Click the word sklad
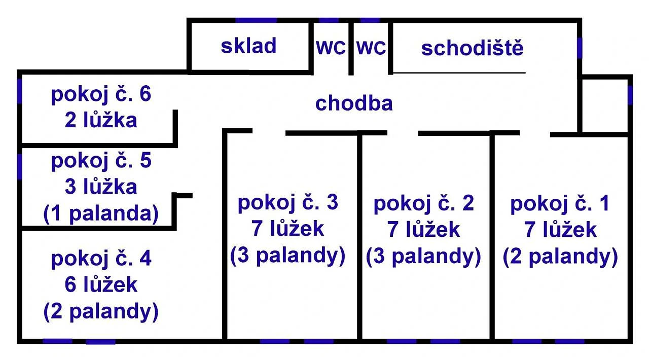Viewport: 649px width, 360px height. (x=248, y=46)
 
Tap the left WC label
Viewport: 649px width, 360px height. (x=331, y=48)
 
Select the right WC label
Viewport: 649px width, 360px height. (x=371, y=48)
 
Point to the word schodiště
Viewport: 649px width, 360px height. (x=472, y=49)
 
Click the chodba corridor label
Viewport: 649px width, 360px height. (x=354, y=103)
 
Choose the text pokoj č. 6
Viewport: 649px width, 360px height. (x=101, y=95)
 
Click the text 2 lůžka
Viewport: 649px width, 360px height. (x=101, y=121)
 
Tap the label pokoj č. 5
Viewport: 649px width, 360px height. (x=101, y=161)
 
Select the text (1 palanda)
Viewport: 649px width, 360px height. (x=101, y=214)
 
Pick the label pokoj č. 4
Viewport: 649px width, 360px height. (x=101, y=259)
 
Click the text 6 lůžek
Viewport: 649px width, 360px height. (x=101, y=285)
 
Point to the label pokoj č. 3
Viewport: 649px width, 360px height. (x=287, y=203)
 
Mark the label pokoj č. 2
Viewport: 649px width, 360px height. (x=423, y=204)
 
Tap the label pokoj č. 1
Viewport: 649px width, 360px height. (x=560, y=204)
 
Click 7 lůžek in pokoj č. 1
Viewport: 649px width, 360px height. (x=560, y=230)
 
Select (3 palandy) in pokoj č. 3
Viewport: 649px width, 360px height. (x=287, y=256)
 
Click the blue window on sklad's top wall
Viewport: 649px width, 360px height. (x=256, y=20)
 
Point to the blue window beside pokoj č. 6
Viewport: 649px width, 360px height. (x=20, y=92)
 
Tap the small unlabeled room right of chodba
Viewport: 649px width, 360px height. (x=605, y=105)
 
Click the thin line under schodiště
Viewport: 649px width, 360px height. (x=459, y=73)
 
